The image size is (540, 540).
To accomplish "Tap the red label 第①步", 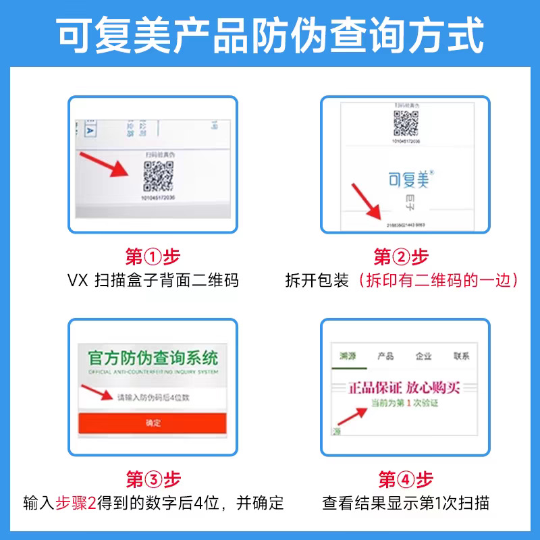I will [153, 257].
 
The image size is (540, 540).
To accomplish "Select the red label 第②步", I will [402, 257].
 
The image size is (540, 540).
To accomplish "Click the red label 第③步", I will [153, 480].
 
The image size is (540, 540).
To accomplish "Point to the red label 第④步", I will [405, 480].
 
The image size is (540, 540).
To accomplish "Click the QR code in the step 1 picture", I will [159, 176].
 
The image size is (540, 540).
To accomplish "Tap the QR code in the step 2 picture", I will [406, 123].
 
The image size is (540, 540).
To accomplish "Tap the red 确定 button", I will [153, 423].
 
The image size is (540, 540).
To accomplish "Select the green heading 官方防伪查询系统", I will [153, 358].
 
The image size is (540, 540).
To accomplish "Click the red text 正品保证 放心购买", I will [404, 388].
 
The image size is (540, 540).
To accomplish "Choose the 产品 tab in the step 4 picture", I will [385, 356].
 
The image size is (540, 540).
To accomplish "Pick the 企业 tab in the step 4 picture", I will [423, 356].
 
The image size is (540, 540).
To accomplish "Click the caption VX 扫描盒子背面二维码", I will [153, 280].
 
